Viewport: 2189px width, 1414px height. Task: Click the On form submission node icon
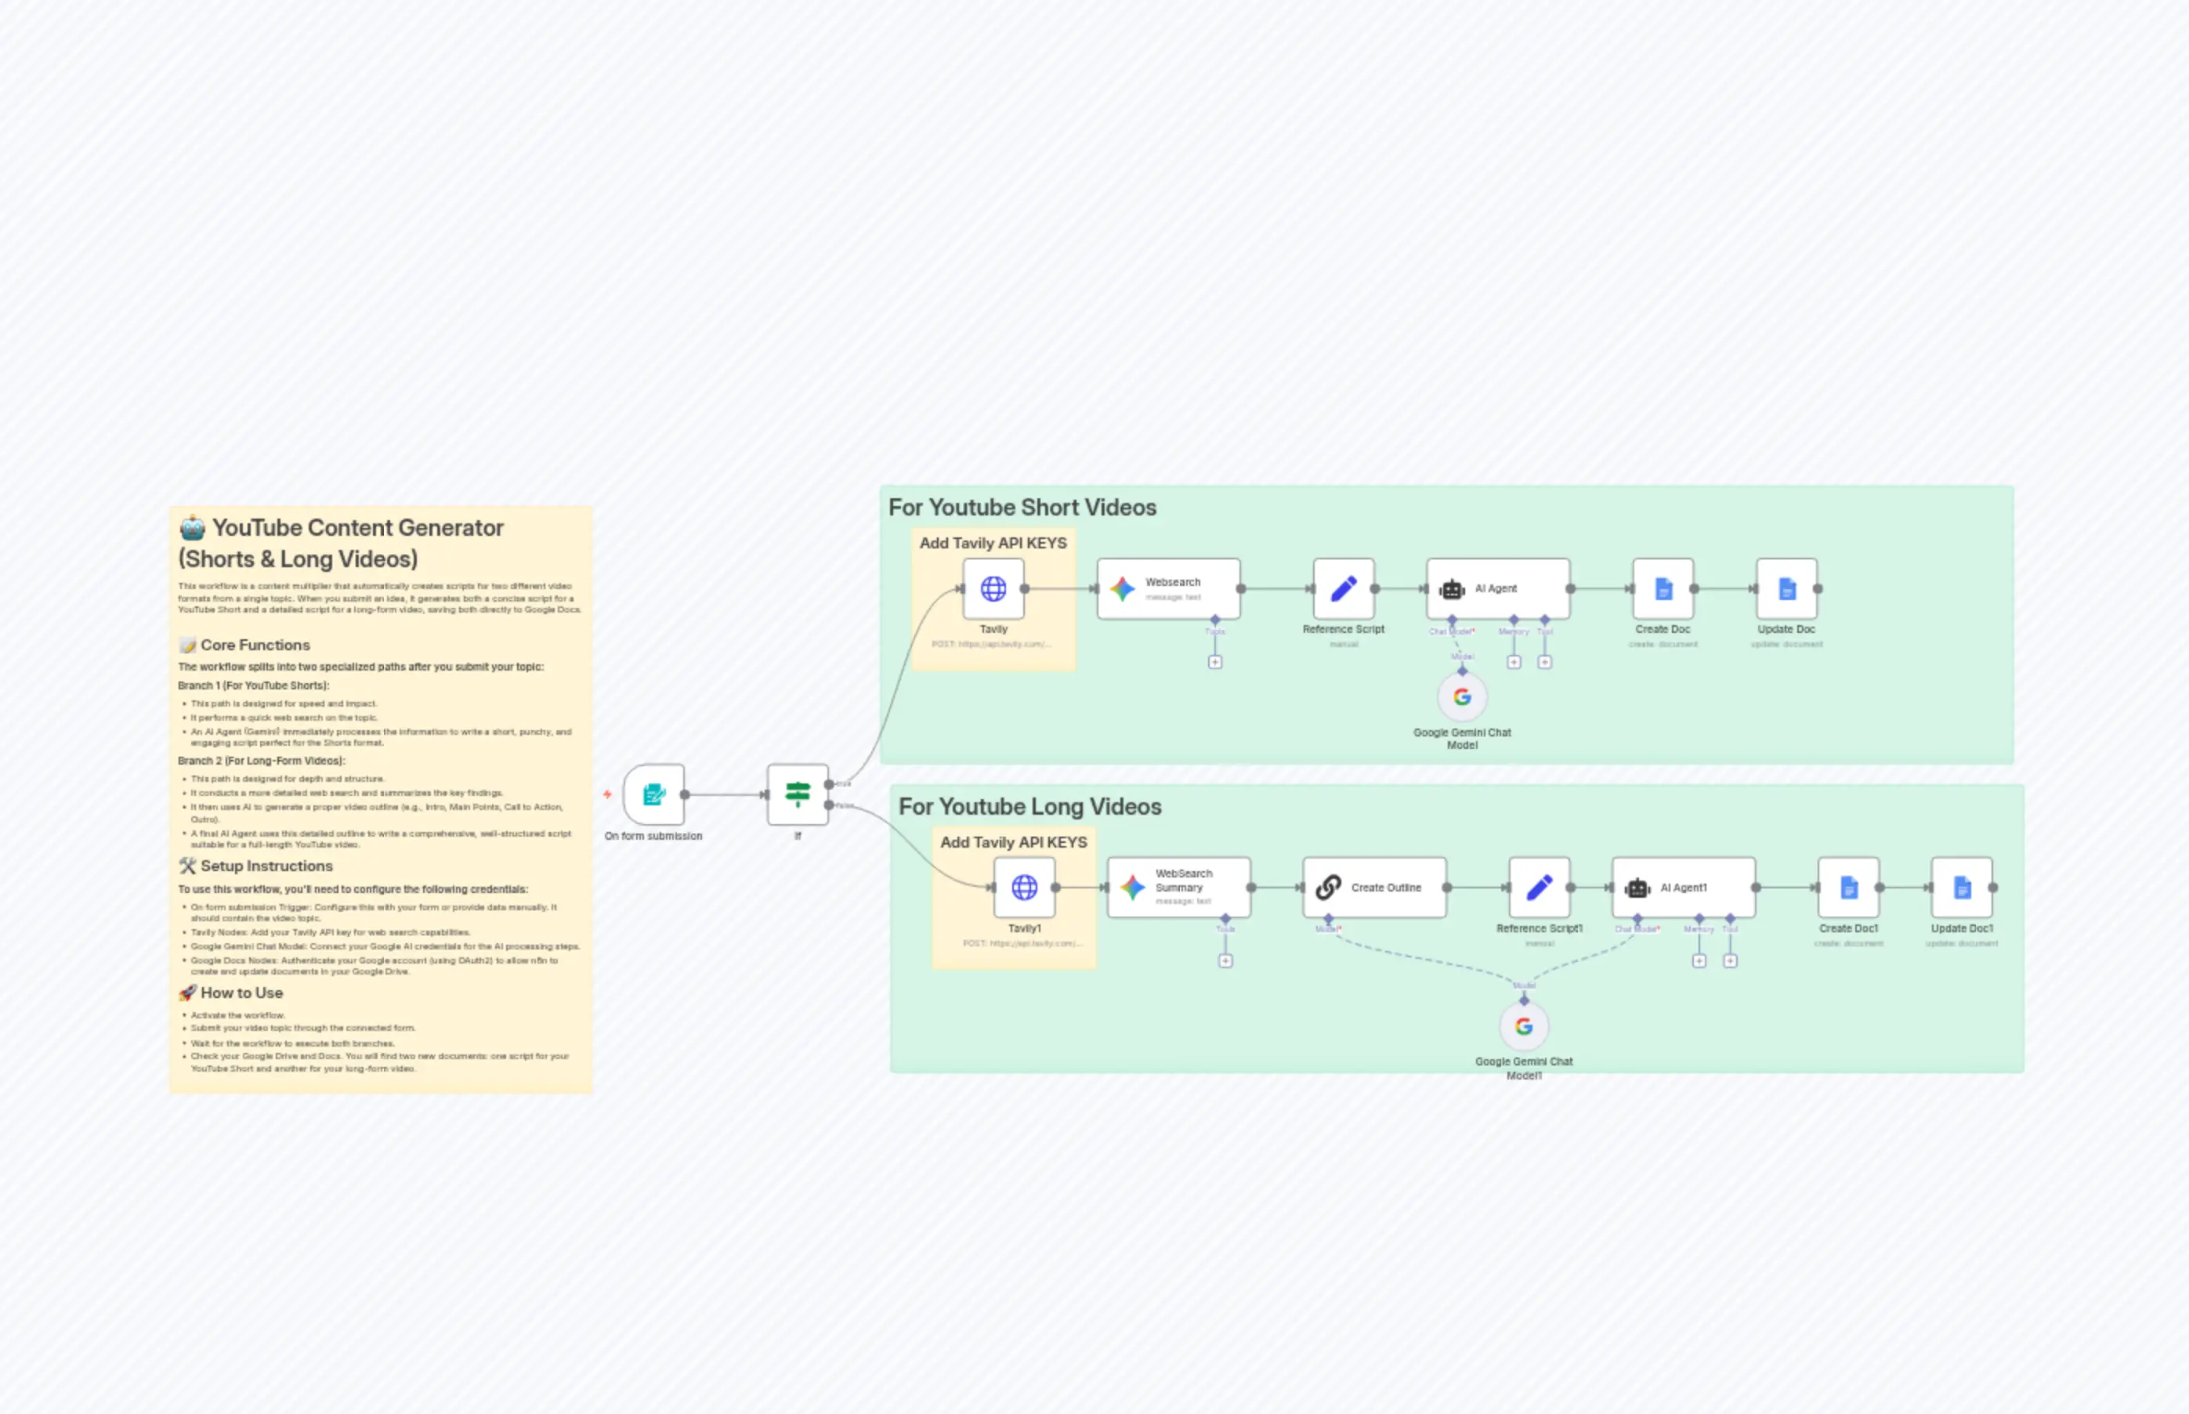pos(653,794)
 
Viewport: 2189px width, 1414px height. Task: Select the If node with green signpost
pos(797,794)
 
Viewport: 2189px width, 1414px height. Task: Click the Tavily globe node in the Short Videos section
pos(993,588)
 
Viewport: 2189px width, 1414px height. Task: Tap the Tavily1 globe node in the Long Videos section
pos(1024,887)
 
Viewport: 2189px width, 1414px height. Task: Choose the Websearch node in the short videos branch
pos(1168,588)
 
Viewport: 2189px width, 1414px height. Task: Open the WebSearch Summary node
pos(1178,887)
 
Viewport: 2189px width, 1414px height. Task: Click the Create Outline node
pos(1373,887)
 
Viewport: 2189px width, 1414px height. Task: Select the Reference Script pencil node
pos(1344,588)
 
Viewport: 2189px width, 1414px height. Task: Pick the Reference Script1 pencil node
pos(1539,887)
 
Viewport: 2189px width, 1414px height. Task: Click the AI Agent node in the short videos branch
pos(1497,588)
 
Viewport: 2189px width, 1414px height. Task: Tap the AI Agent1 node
pos(1683,887)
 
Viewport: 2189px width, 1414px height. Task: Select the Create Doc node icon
pos(1663,588)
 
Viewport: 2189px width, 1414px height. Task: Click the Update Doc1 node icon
pos(1961,887)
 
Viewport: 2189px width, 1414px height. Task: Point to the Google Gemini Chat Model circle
pos(1462,697)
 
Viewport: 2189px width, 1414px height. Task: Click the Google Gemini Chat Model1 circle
pos(1523,1025)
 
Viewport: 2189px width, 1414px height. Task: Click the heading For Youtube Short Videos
pos(1022,507)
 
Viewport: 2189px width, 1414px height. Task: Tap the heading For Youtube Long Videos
pos(1029,806)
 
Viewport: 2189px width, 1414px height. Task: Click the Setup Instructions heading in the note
pos(266,866)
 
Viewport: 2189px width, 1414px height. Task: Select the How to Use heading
pos(241,993)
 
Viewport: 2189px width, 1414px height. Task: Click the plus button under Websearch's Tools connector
pos(1215,662)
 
